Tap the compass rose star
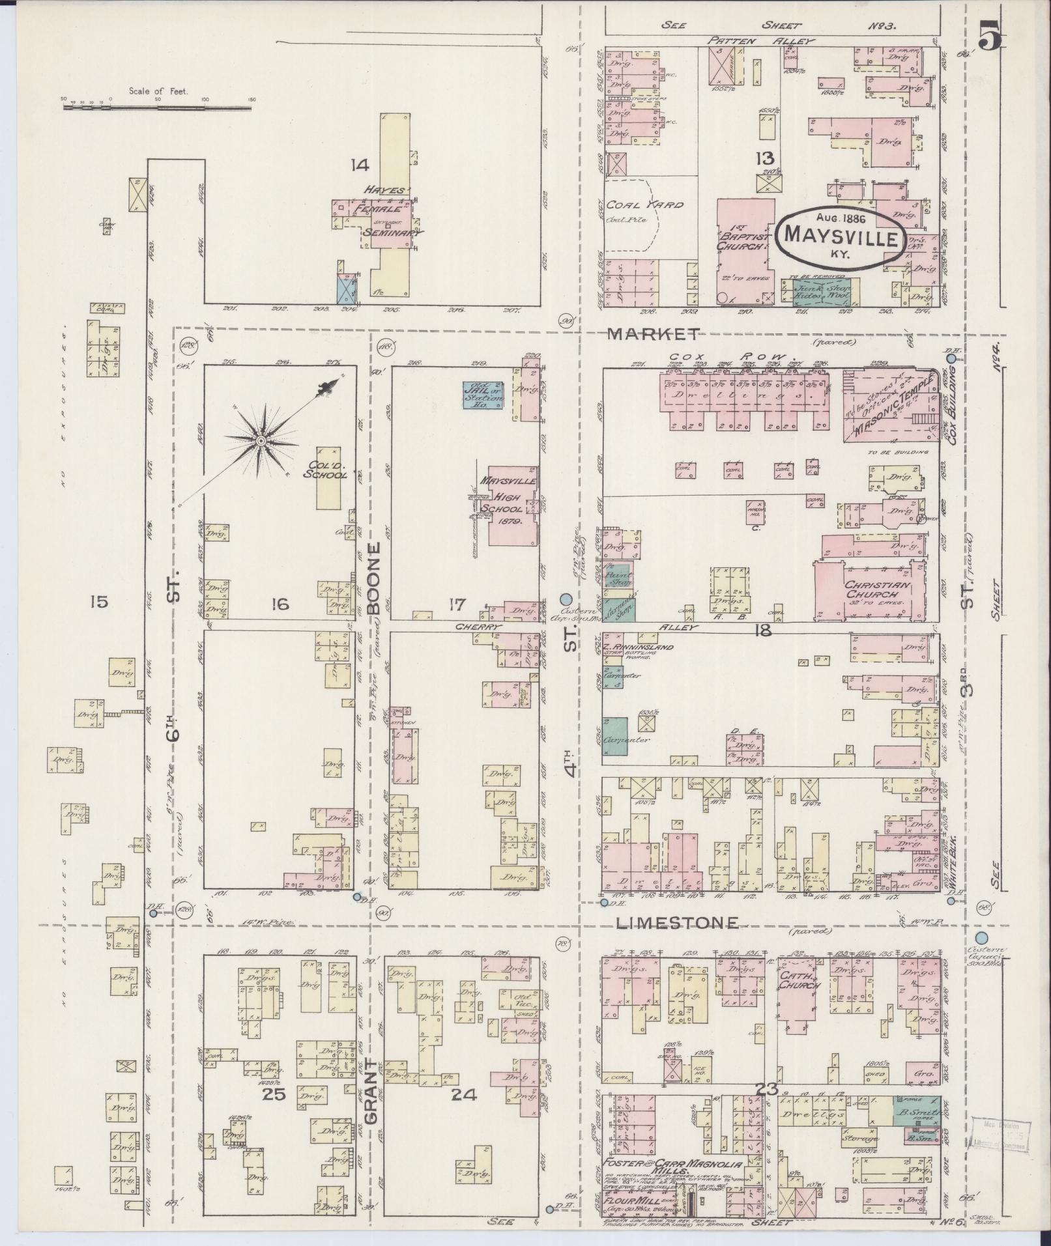(x=261, y=441)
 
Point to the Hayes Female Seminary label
(x=388, y=211)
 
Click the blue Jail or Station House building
(x=483, y=395)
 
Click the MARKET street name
(x=653, y=334)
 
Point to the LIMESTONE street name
(x=678, y=922)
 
